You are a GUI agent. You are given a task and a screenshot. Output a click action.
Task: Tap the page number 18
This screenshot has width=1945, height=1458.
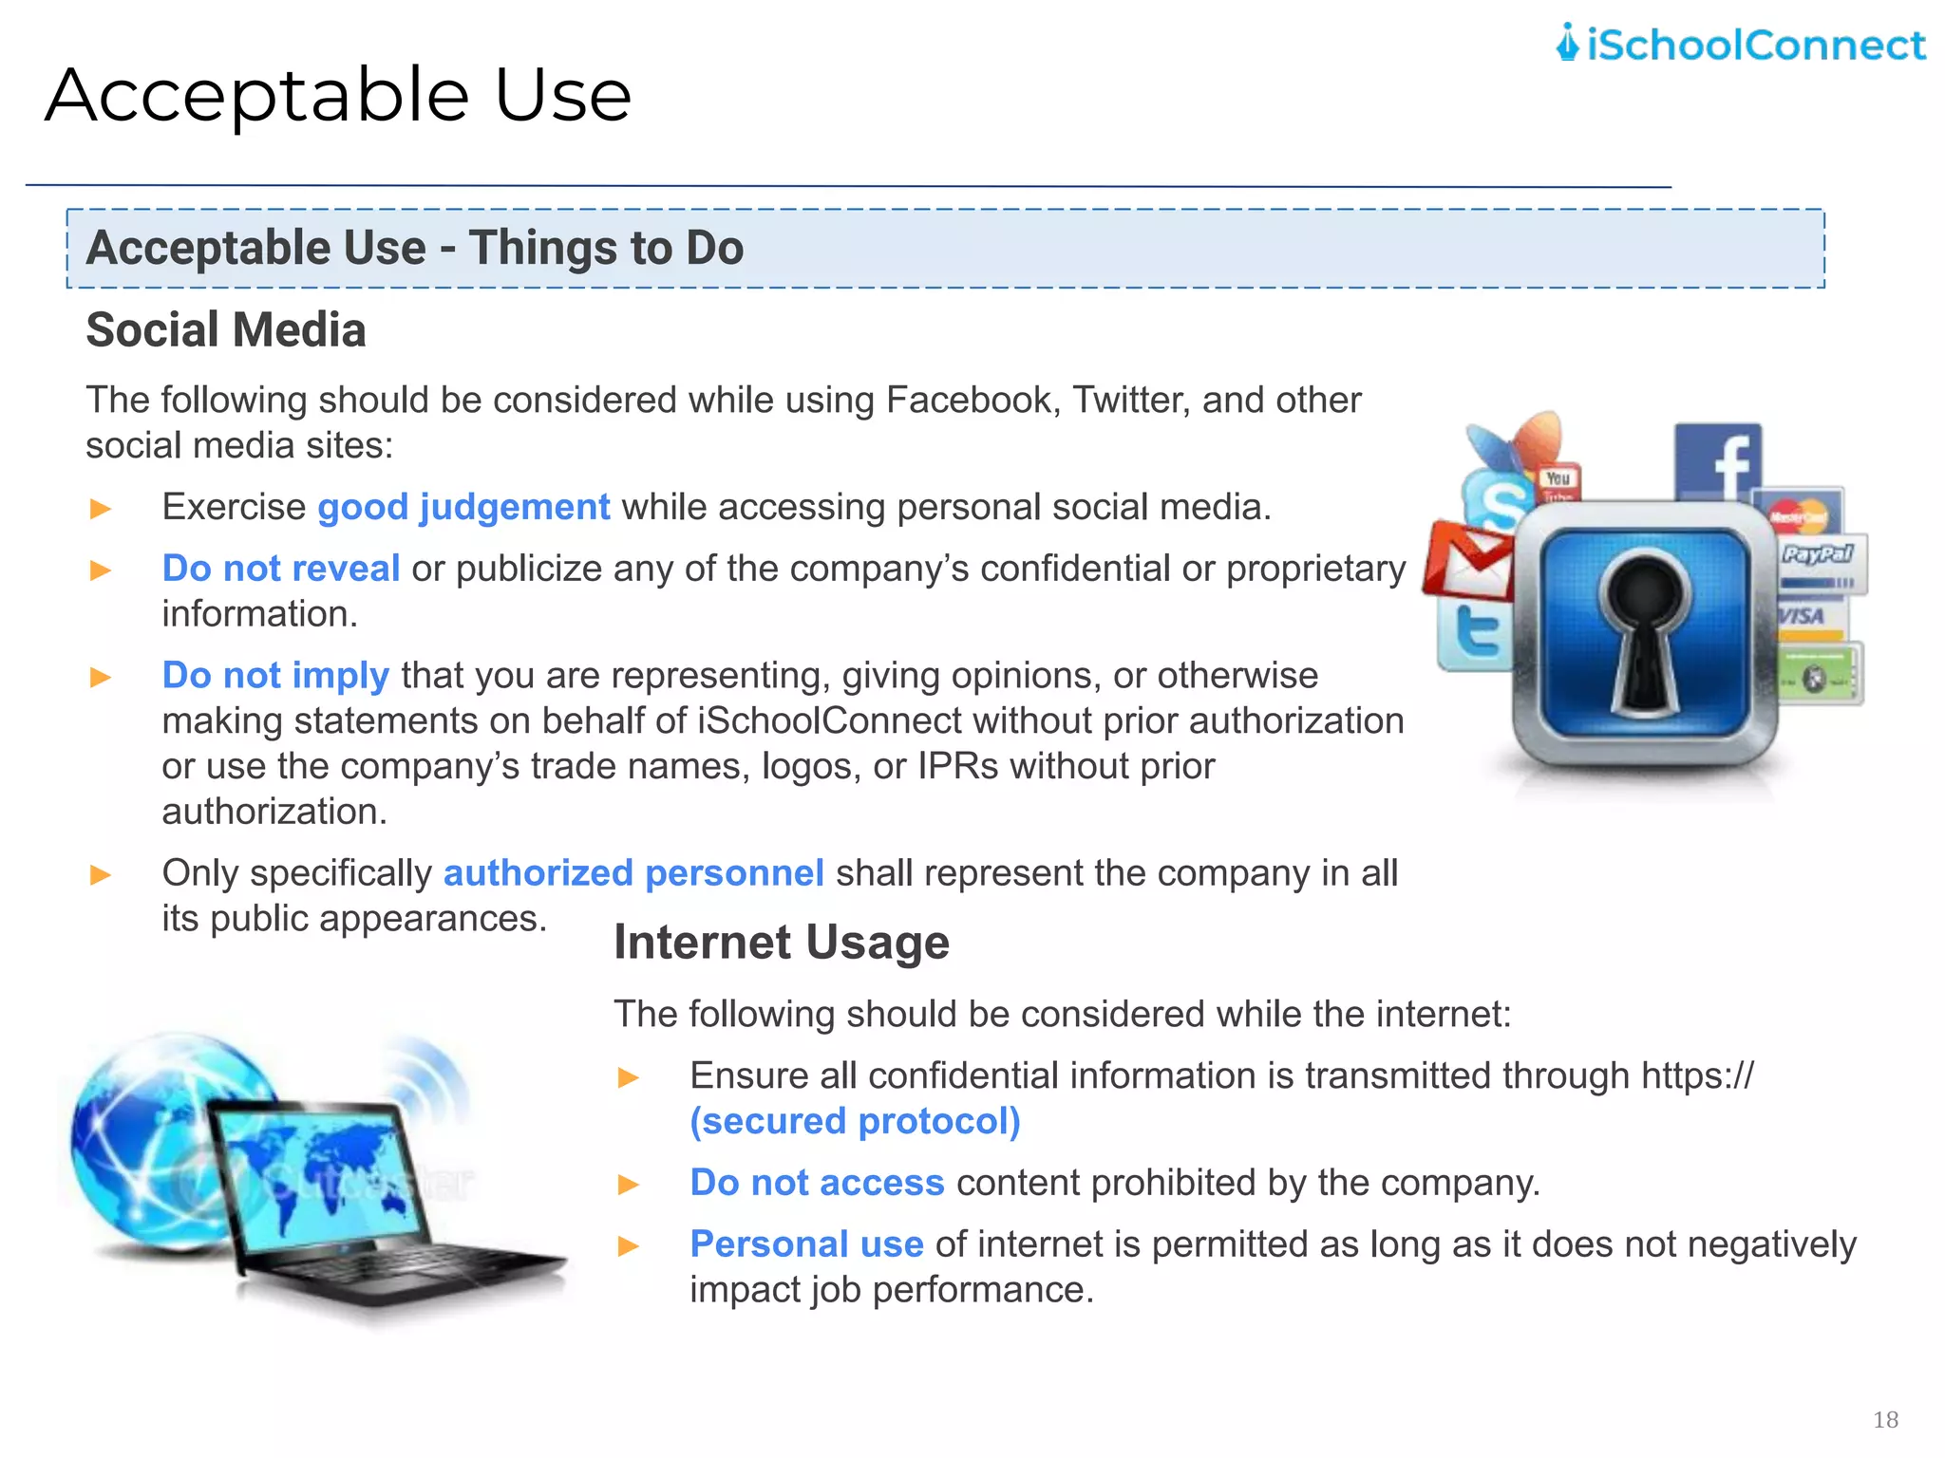point(1885,1419)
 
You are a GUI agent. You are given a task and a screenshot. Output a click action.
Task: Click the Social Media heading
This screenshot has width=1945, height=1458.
point(226,330)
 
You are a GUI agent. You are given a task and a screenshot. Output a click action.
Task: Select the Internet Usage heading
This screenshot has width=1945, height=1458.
point(781,943)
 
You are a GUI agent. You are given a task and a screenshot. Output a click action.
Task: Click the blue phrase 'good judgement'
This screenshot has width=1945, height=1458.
point(463,507)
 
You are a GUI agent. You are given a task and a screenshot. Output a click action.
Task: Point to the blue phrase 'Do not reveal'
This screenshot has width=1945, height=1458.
point(281,569)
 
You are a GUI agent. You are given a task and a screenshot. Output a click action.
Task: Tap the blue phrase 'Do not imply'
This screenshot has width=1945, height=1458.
point(275,675)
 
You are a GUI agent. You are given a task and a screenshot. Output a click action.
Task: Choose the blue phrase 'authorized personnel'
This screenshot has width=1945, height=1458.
point(633,872)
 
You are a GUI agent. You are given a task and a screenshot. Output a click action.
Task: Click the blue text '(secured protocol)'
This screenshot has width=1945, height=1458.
point(855,1121)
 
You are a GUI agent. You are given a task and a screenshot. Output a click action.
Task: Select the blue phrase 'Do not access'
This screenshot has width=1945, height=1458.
point(817,1183)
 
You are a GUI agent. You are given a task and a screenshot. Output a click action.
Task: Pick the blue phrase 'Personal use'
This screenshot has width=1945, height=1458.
point(806,1244)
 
